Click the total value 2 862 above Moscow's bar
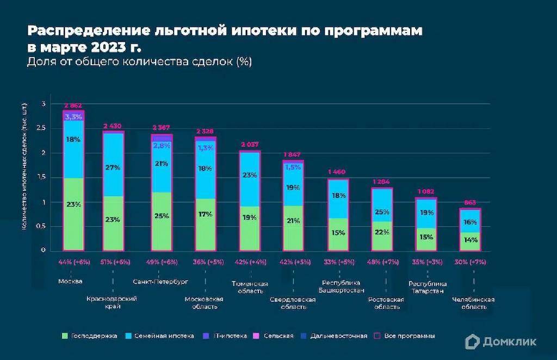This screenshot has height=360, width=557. (x=73, y=105)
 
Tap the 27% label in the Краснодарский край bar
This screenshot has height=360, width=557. (x=113, y=168)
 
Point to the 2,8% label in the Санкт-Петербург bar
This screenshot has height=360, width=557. (x=162, y=146)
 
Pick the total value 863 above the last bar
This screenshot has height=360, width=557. (x=469, y=202)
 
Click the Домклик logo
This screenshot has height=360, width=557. (x=500, y=341)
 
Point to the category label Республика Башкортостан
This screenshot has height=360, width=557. (x=341, y=286)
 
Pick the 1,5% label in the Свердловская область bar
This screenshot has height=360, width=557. (x=292, y=167)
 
